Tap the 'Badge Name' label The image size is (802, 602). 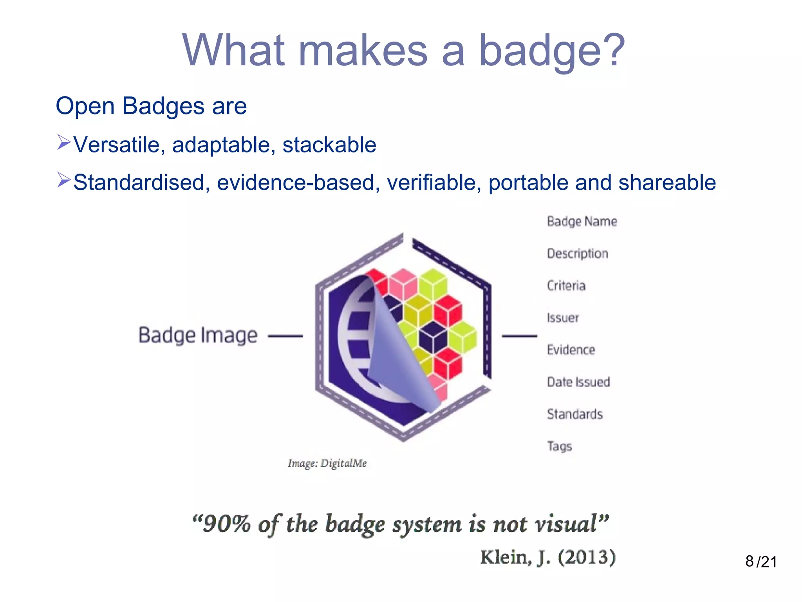[x=582, y=221]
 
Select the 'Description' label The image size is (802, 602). [x=577, y=254]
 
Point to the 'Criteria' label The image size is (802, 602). [x=566, y=286]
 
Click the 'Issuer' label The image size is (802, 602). [x=562, y=317]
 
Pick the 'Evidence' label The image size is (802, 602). [x=571, y=350]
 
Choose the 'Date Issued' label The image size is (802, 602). [x=578, y=382]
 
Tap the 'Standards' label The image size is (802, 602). [x=574, y=414]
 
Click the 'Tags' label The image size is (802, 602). [x=559, y=446]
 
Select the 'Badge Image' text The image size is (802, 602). [x=198, y=335]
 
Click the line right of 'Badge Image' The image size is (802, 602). [x=285, y=336]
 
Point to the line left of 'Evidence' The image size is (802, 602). [x=519, y=336]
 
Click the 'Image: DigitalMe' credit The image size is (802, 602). [x=327, y=463]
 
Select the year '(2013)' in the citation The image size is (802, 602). [x=587, y=557]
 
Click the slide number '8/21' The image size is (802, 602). [x=761, y=562]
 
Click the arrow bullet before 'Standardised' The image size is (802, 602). [x=64, y=180]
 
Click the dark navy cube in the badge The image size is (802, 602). [x=433, y=337]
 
